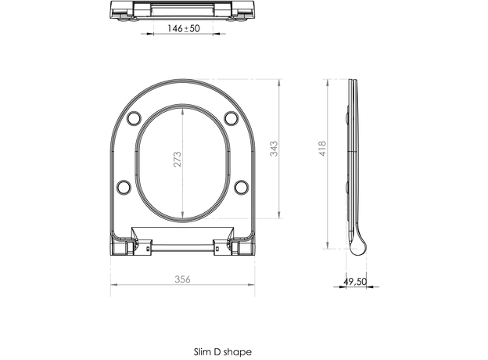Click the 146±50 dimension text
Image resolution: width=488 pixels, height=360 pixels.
(181, 28)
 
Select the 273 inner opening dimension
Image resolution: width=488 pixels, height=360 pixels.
(177, 162)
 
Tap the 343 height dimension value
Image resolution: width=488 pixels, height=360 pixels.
(274, 148)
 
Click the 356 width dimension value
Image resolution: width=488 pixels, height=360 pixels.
(182, 279)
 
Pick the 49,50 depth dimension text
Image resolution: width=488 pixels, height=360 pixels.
(356, 280)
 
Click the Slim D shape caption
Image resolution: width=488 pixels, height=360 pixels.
(223, 352)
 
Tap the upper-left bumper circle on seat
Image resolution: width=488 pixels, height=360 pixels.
(133, 117)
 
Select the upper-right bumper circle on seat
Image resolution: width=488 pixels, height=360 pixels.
(231, 117)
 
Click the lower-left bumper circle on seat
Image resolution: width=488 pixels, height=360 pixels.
(124, 186)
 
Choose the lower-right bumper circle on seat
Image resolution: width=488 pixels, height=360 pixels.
(241, 186)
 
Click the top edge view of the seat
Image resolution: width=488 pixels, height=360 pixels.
(181, 9)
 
